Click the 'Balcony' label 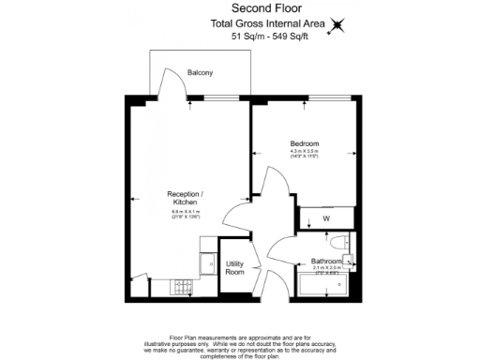[x=200, y=72]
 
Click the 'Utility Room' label [x=234, y=268]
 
